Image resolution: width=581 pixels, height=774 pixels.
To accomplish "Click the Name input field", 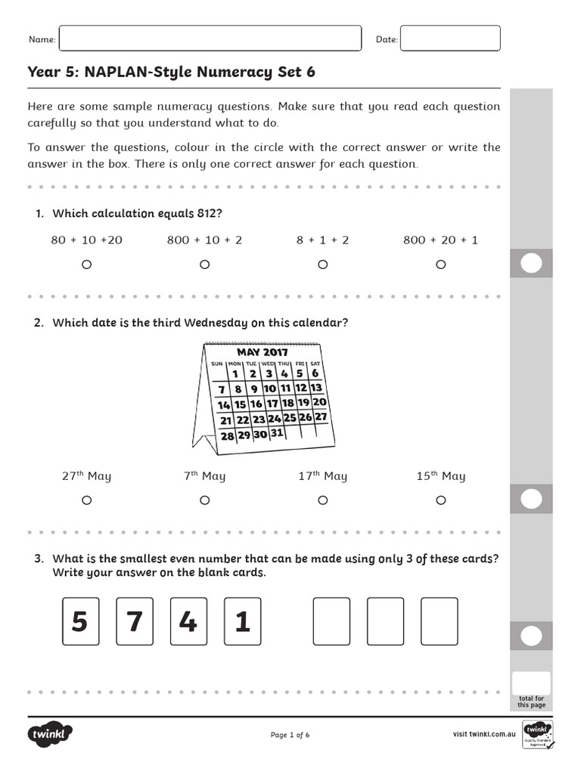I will tap(210, 39).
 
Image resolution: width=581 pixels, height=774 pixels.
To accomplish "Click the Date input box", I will tap(449, 39).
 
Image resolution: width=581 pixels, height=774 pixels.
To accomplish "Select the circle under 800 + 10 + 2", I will tap(204, 265).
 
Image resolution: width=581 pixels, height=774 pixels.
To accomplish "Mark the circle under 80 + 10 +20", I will tap(86, 265).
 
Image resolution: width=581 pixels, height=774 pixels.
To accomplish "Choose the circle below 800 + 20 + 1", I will tap(440, 265).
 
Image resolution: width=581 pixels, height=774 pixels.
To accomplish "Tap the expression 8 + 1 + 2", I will tap(322, 240).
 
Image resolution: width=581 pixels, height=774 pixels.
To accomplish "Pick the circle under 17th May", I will tap(322, 500).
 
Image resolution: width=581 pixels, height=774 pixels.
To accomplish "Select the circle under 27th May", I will tap(86, 500).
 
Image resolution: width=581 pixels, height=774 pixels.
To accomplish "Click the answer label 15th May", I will tap(440, 476).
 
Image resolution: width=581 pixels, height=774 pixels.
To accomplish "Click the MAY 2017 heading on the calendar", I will tap(263, 352).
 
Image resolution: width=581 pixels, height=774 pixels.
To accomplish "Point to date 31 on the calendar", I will tap(276, 433).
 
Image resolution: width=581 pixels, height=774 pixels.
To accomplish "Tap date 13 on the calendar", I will tap(316, 388).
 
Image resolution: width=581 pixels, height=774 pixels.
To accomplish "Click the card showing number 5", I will tap(79, 622).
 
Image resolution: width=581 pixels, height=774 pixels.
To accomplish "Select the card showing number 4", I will tap(188, 622).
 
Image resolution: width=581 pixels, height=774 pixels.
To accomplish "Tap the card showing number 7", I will tap(134, 622).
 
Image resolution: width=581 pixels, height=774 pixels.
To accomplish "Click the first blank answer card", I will tap(331, 622).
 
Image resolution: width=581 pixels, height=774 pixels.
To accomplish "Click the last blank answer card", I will tap(440, 622).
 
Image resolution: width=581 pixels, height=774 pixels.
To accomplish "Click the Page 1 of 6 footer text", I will tap(290, 735).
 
